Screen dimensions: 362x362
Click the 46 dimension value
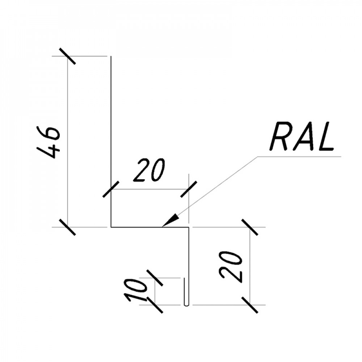[49, 142]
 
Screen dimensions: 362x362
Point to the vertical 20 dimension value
[231, 266]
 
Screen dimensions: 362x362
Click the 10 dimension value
[135, 290]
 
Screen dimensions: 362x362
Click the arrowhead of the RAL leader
[171, 220]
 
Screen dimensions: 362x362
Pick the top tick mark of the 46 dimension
[67, 56]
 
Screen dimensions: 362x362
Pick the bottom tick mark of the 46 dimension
[67, 227]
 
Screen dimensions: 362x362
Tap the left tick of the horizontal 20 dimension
[111, 189]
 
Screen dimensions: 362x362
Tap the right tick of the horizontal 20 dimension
[189, 189]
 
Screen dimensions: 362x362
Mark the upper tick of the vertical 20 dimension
[250, 227]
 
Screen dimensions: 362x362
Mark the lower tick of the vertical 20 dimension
[250, 305]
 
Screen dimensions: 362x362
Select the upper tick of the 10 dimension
[155, 278]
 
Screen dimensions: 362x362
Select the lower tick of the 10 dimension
[155, 305]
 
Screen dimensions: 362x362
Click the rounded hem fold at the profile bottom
[186, 305]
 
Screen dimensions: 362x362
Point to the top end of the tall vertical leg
[111, 56]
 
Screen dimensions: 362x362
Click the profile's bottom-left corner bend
[111, 227]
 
